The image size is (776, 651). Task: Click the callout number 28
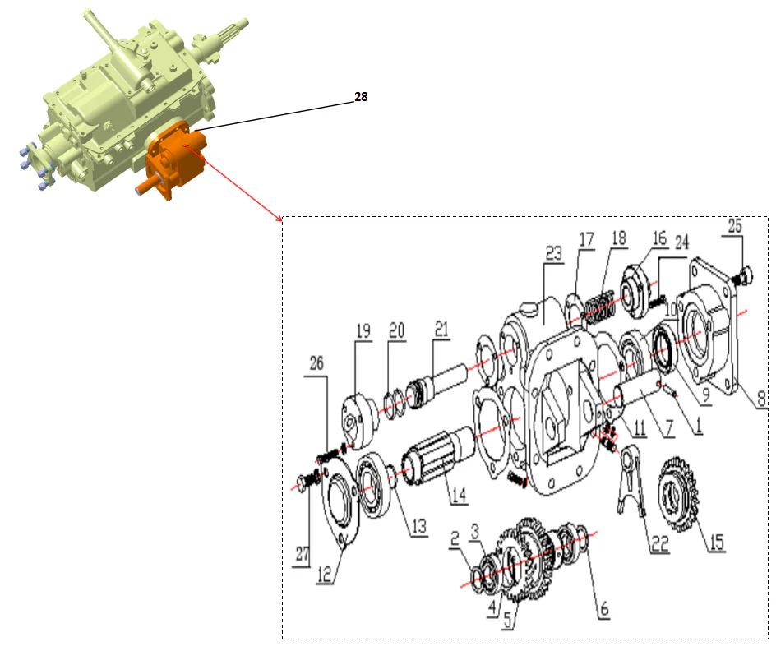[x=360, y=96]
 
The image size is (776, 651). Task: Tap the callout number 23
[x=554, y=255]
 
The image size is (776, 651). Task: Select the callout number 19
[x=363, y=330]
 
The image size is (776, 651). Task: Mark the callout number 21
[x=443, y=330]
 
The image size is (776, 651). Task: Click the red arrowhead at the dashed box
[x=279, y=219]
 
